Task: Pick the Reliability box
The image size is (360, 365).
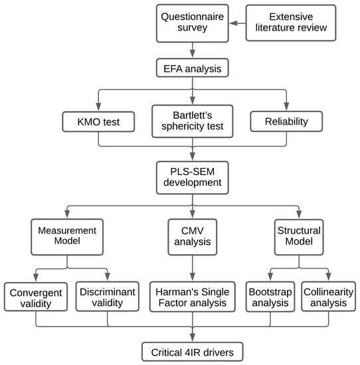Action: [x=286, y=121]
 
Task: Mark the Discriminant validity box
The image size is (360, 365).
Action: [x=107, y=295]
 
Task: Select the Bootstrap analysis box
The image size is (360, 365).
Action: [x=271, y=295]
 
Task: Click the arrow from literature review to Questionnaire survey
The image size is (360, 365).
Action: [x=236, y=23]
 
